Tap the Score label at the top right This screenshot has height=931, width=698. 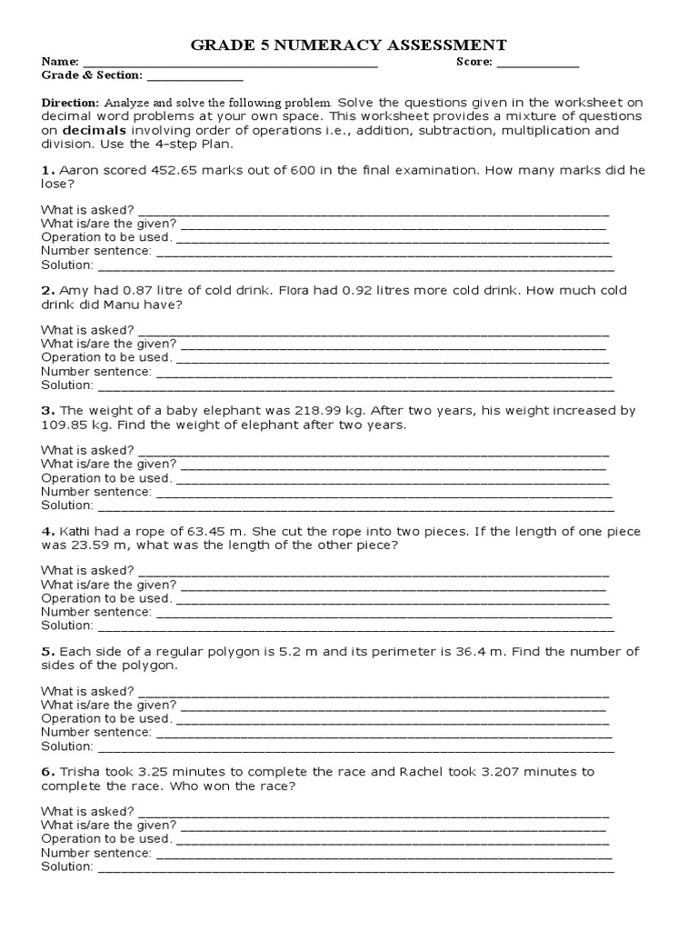point(474,62)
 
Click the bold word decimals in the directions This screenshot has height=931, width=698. point(92,130)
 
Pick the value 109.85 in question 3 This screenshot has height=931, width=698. point(65,425)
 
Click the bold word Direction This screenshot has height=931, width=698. point(71,103)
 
